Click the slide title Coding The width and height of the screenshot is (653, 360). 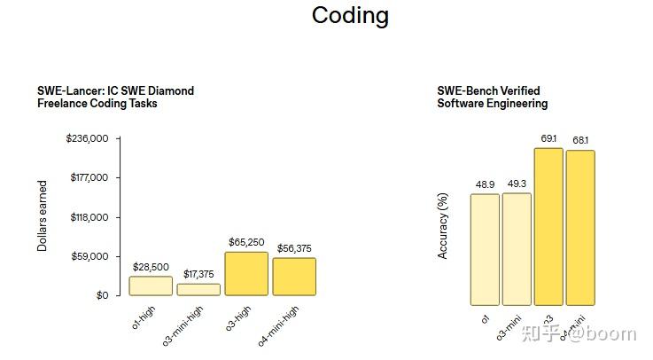pos(350,16)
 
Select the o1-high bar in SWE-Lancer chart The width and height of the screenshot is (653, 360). pos(151,286)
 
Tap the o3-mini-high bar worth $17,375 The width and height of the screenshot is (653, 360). pos(198,289)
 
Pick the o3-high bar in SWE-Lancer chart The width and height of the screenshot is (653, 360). pos(246,273)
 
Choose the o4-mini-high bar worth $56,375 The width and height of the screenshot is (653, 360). pos(294,276)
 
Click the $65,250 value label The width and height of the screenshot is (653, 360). pos(246,241)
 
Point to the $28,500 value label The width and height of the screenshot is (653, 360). pos(151,266)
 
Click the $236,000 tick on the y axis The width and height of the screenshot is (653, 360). pos(87,138)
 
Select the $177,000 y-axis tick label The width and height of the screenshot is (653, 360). pos(89,177)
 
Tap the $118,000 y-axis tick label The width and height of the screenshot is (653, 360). pos(89,217)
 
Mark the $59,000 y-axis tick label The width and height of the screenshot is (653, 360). pos(91,256)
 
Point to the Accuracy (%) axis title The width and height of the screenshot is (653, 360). pos(442,227)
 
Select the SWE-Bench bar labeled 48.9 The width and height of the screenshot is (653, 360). pos(485,249)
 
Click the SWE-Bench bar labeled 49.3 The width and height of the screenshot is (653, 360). pos(517,249)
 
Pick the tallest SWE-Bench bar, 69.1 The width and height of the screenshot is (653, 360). pos(548,226)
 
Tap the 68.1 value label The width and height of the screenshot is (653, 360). pos(580,140)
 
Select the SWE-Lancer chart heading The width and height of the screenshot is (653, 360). pos(115,97)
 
